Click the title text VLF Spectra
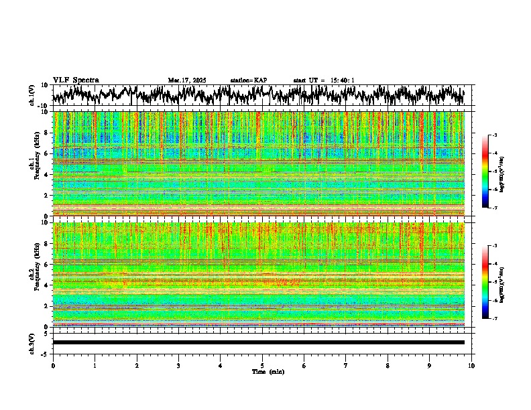pyautogui.click(x=76, y=80)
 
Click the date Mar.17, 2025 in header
pyautogui.click(x=187, y=80)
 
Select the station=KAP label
pyautogui.click(x=249, y=80)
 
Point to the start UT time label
pyautogui.click(x=324, y=80)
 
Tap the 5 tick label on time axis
pyautogui.click(x=262, y=366)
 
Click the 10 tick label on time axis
pyautogui.click(x=471, y=366)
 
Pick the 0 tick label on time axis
pyautogui.click(x=53, y=366)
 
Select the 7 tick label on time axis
pyautogui.click(x=346, y=366)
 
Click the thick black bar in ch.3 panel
pyautogui.click(x=258, y=342)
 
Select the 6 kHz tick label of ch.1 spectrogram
pyautogui.click(x=46, y=153)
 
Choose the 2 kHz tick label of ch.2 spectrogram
pyautogui.click(x=46, y=305)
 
